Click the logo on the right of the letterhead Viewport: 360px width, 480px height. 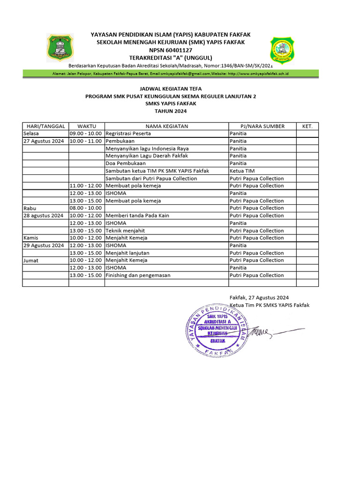(283, 49)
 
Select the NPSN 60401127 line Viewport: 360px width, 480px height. (171, 50)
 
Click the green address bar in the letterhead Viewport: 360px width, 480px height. (171, 74)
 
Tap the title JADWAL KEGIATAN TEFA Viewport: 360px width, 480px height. (171, 89)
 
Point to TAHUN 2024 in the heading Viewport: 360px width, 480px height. (171, 111)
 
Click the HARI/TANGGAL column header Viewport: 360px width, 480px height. (45, 126)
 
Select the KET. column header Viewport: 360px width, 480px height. (307, 126)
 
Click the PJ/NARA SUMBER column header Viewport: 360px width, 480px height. (262, 126)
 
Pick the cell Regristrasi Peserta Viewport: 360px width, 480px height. (128, 134)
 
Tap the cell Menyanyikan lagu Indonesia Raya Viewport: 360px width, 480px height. (147, 149)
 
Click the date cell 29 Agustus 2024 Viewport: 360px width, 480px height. (44, 245)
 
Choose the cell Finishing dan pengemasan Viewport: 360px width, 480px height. (138, 275)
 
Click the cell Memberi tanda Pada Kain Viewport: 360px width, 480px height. (137, 216)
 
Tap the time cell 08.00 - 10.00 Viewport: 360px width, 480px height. (86, 208)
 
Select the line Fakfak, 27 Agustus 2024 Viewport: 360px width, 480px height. (259, 297)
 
